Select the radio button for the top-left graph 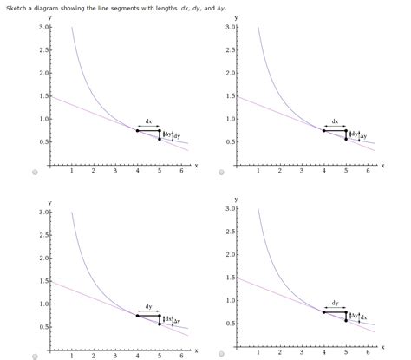pyautogui.click(x=35, y=173)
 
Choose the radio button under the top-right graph pyautogui.click(x=221, y=173)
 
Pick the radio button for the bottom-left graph pyautogui.click(x=35, y=355)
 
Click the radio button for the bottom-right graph pyautogui.click(x=221, y=355)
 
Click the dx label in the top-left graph pyautogui.click(x=148, y=121)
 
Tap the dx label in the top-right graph pyautogui.click(x=335, y=121)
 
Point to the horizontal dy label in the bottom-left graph pyautogui.click(x=148, y=306)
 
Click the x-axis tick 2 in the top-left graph pyautogui.click(x=93, y=172)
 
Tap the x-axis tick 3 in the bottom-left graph pyautogui.click(x=114, y=356)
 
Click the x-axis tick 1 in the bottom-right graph pyautogui.click(x=258, y=352)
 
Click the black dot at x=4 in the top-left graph pyautogui.click(x=137, y=130)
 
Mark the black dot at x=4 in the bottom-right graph pyautogui.click(x=323, y=311)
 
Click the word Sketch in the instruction pyautogui.click(x=17, y=5)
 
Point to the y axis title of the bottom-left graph pyautogui.click(x=50, y=201)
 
